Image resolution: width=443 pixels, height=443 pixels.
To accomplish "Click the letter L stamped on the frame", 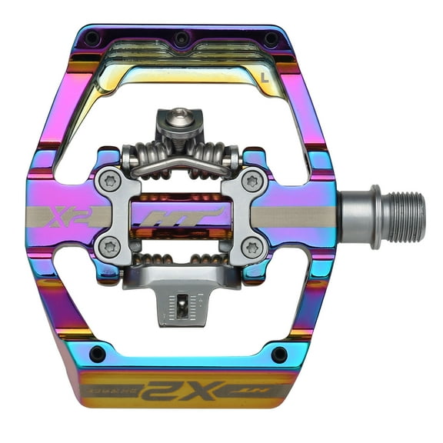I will point(265,76).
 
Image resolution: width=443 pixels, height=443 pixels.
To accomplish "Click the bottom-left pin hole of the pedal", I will point(98,354).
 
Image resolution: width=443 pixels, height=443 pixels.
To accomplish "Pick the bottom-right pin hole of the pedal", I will point(279,354).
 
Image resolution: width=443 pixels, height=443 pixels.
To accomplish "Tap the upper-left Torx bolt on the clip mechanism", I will point(108,182).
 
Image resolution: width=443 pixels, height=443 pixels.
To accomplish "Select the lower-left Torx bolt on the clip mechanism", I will point(108,248).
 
